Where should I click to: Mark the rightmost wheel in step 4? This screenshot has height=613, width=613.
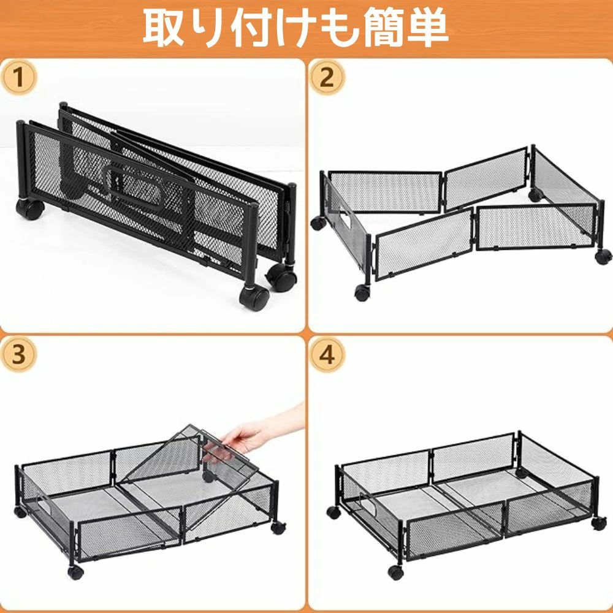click(x=599, y=524)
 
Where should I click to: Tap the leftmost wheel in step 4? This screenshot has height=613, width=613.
click(x=334, y=512)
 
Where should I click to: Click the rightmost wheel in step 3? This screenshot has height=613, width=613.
click(x=279, y=527)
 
